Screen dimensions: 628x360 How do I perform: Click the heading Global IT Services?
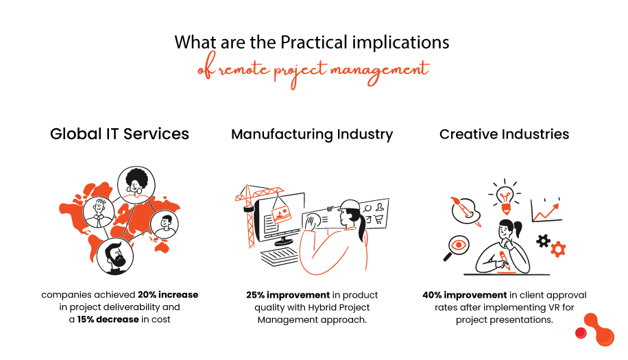119,134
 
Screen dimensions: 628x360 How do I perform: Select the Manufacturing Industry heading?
312,134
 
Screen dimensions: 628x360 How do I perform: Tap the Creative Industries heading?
504,134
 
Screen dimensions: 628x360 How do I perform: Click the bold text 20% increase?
168,295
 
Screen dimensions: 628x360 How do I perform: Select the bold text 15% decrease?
108,320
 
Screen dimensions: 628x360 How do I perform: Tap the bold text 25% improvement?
288,295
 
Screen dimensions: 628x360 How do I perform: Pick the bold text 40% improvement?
465,295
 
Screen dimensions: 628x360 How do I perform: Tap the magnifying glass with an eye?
457,248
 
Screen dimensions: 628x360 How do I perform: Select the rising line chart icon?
546,211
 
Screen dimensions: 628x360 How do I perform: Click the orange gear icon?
558,249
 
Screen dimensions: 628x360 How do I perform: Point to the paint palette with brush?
466,211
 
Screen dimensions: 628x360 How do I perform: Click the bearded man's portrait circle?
115,256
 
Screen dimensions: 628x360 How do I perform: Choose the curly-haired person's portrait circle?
136,185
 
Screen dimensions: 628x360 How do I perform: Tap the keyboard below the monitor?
279,256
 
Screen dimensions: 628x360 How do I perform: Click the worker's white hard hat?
349,206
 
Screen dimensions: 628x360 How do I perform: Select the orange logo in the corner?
595,330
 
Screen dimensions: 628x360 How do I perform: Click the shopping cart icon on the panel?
378,219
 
